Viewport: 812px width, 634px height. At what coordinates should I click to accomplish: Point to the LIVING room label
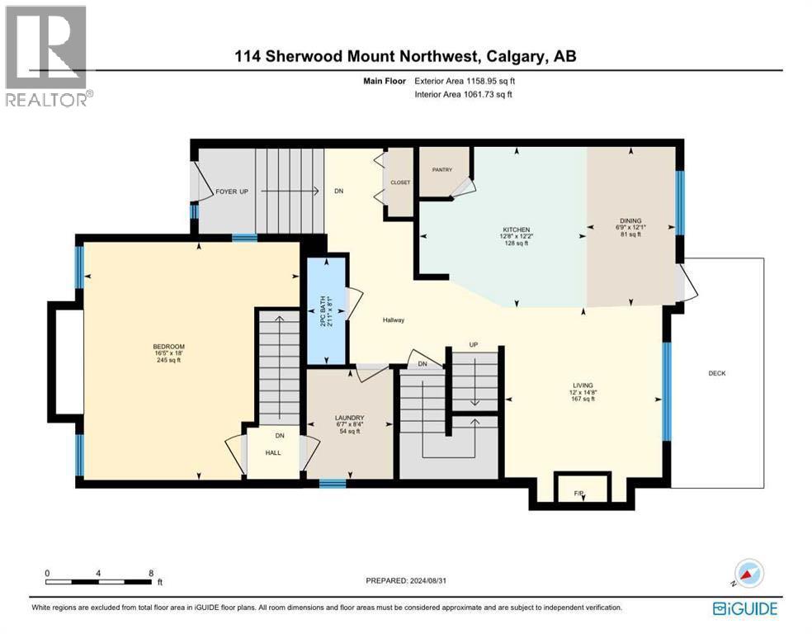click(x=583, y=385)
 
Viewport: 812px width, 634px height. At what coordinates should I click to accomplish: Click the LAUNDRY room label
click(x=350, y=418)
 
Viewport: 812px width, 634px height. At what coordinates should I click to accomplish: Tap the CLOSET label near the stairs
click(x=401, y=183)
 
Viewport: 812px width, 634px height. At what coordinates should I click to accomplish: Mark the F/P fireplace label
click(x=579, y=494)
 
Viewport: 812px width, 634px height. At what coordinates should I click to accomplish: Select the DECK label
click(x=716, y=373)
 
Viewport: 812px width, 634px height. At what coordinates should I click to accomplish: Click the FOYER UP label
click(x=232, y=192)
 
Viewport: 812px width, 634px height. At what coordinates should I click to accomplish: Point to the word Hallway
click(x=393, y=320)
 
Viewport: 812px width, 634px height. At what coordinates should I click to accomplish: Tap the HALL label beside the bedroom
click(x=273, y=453)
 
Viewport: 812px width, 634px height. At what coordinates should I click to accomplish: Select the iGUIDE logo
click(x=744, y=608)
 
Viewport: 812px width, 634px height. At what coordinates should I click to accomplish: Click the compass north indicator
click(x=749, y=573)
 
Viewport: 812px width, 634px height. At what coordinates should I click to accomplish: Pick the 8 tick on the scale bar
click(x=150, y=572)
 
